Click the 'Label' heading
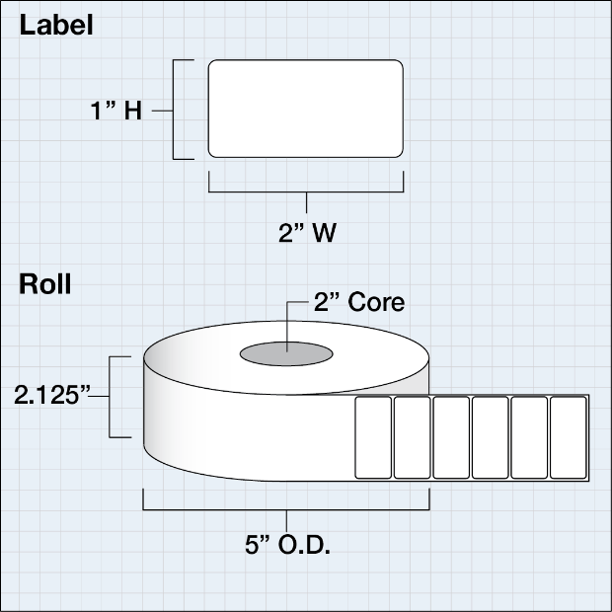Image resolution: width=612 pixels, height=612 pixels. point(57,27)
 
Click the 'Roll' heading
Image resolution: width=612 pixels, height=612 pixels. point(45,285)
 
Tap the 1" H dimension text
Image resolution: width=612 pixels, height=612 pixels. point(117,112)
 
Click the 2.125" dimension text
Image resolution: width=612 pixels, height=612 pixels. point(52,395)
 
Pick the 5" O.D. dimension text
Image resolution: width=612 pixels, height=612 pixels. point(287,544)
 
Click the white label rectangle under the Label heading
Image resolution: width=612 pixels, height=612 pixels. point(306,109)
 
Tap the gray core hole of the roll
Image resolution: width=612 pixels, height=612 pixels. point(286,353)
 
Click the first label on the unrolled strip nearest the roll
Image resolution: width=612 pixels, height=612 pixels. point(374,437)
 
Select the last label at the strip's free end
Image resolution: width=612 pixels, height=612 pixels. point(569,437)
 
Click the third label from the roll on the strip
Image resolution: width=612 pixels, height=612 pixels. point(451,437)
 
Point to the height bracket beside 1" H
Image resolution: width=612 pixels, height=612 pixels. point(177,110)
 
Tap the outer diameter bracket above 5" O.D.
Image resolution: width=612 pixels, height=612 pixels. point(286,509)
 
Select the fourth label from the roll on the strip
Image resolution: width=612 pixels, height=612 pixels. point(490,437)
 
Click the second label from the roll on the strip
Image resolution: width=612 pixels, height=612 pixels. point(413,437)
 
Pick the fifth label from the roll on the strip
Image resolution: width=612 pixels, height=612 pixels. point(529,437)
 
